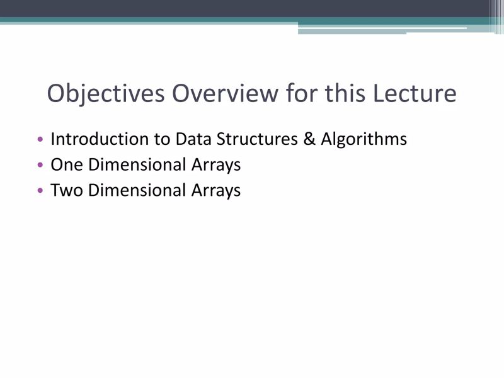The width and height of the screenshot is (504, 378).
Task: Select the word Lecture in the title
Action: coord(414,94)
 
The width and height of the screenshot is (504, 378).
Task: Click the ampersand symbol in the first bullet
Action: coord(309,139)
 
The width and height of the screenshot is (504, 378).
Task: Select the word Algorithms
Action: coord(364,139)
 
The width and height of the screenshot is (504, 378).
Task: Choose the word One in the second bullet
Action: coord(67,164)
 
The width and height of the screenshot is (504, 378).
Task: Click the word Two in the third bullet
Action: coord(67,190)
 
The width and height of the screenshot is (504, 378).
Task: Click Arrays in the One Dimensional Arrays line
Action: coord(216,165)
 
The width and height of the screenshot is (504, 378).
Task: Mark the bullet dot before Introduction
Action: coord(41,139)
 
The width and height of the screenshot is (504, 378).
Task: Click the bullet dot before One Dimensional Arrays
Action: coord(41,165)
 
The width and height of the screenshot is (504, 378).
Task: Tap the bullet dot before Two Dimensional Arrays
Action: coord(41,190)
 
